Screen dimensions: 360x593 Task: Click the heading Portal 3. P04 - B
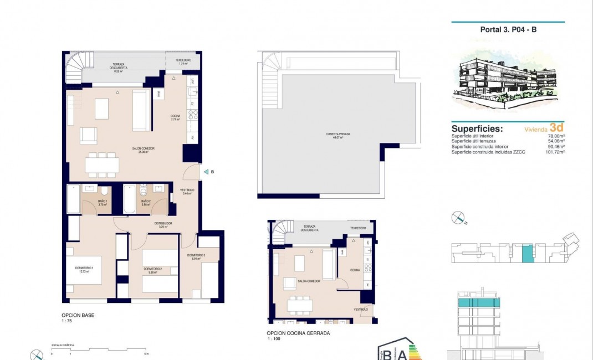coord(508,30)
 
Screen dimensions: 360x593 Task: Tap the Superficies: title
coord(477,128)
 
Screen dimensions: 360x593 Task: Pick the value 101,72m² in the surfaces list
coord(554,151)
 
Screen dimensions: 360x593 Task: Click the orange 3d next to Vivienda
coord(557,127)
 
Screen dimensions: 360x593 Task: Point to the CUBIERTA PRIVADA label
coord(338,135)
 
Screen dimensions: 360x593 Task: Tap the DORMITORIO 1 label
coord(85,269)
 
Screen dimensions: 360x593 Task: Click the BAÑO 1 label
coord(102,202)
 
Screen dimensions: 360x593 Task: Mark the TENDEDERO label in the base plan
coord(183,60)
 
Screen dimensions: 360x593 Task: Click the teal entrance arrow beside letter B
coord(206,172)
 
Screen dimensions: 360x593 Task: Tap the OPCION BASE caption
coord(78,315)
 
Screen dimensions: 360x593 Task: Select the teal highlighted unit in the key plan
coord(526,253)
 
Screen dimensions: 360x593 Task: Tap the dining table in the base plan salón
coord(102,165)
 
